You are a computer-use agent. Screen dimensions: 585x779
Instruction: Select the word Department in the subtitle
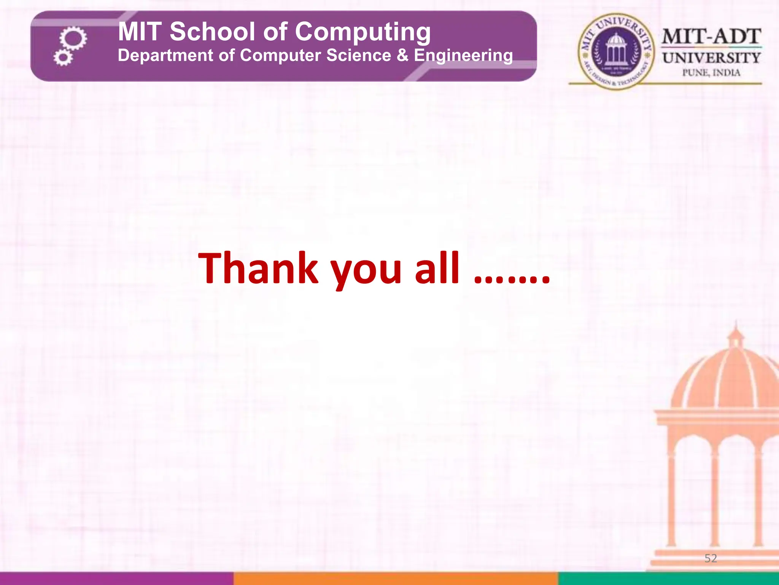tap(165, 56)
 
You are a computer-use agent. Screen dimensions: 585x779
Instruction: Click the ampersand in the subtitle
tap(402, 55)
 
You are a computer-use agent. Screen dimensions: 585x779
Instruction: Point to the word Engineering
tap(463, 56)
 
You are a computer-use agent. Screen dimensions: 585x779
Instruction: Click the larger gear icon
tap(73, 38)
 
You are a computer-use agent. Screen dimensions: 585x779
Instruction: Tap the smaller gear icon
tap(63, 58)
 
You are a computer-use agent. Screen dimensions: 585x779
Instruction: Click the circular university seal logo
tap(616, 52)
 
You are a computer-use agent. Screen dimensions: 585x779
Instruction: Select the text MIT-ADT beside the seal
tap(711, 37)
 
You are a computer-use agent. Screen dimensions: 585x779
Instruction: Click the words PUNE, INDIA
tap(711, 72)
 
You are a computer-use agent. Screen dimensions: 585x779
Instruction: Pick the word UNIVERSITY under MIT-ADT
tap(711, 58)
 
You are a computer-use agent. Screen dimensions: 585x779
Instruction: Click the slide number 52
tap(711, 558)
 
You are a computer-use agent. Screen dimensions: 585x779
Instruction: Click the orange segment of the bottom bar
tap(396, 578)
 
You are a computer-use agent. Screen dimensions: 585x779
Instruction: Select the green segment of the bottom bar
tap(668, 578)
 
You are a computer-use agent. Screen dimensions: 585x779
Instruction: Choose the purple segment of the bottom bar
tap(116, 578)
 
